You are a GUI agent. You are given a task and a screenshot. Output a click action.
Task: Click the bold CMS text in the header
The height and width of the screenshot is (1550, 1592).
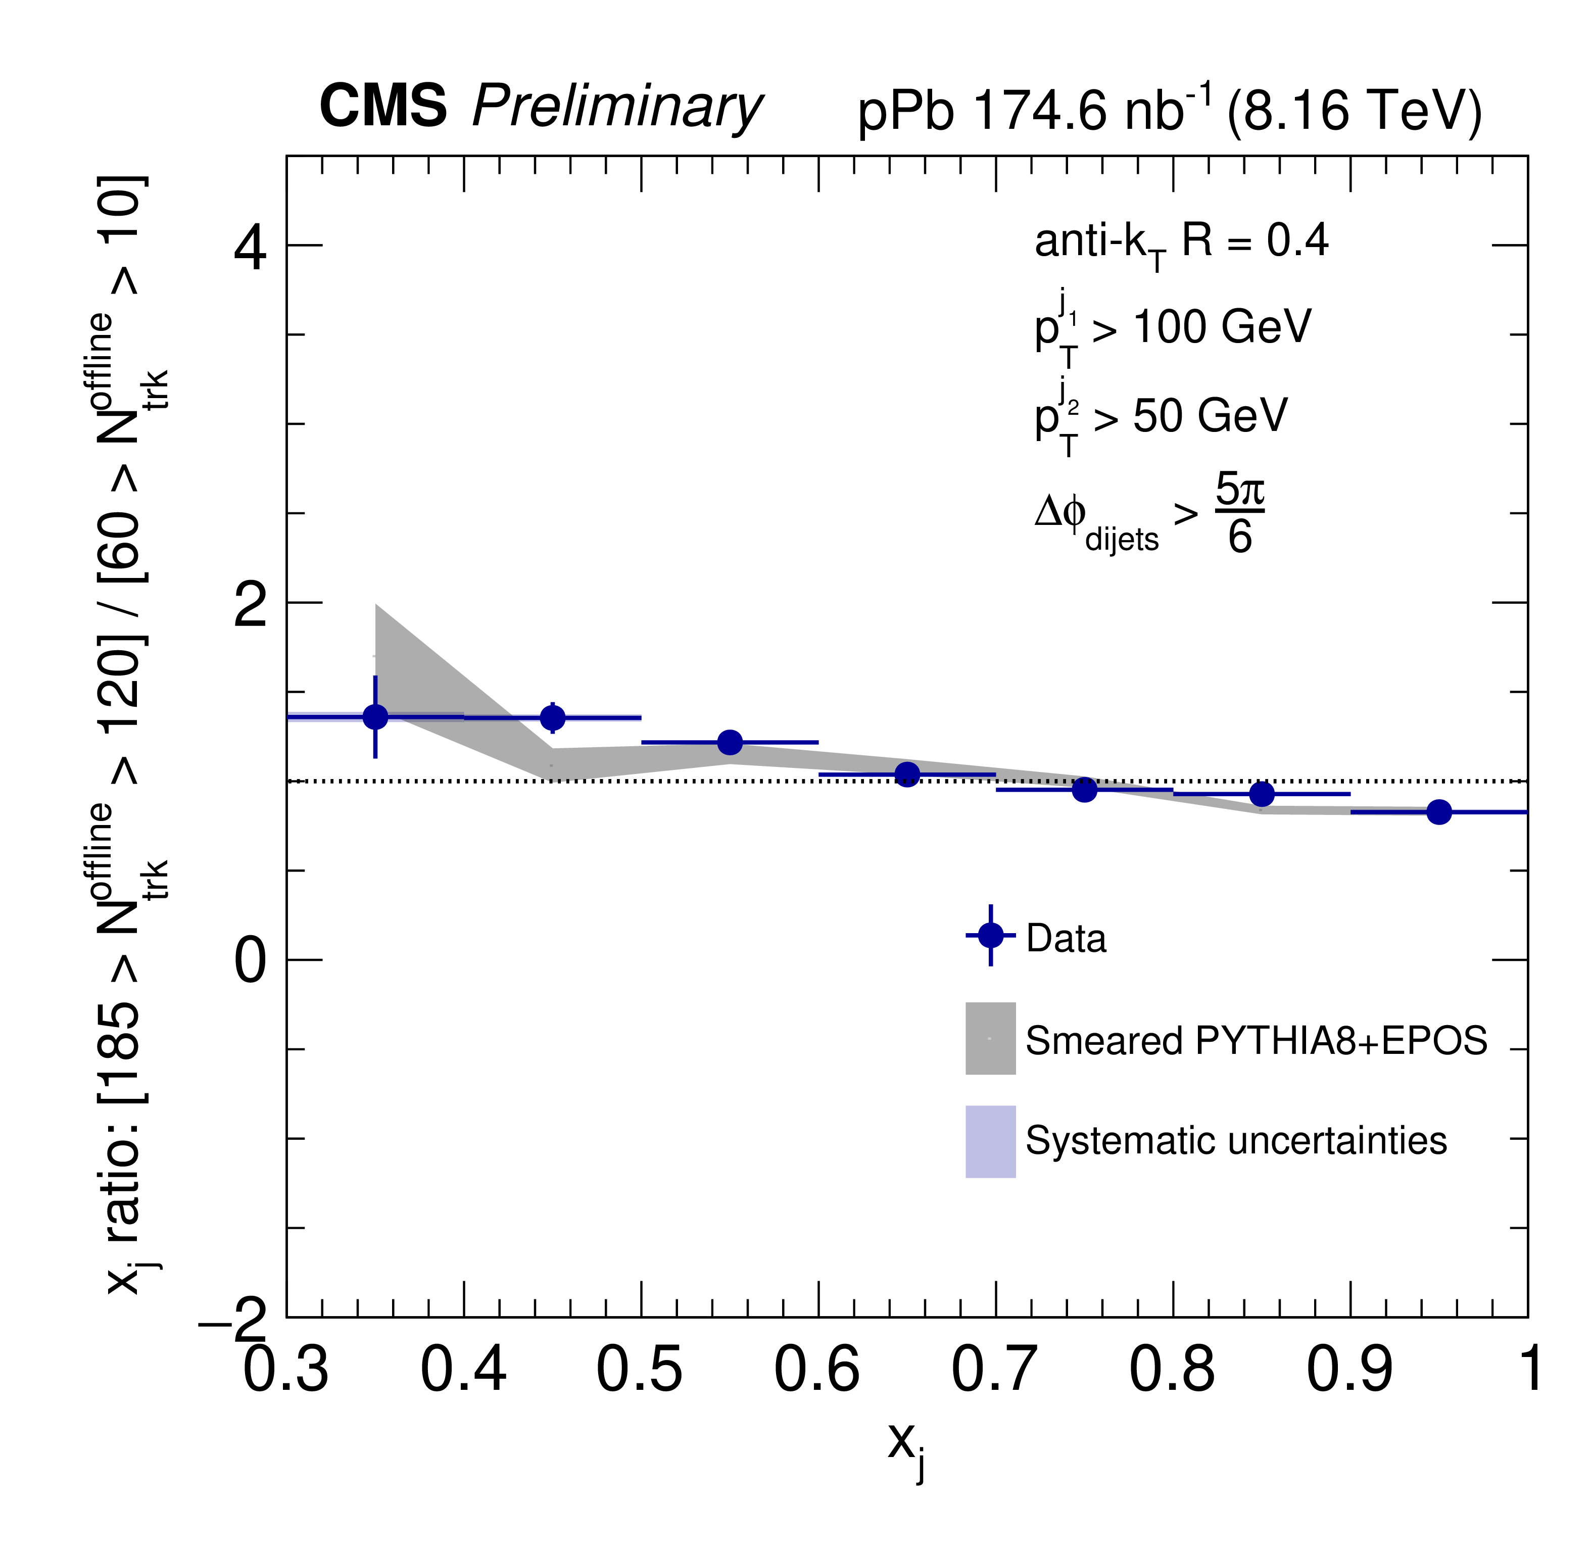tap(382, 107)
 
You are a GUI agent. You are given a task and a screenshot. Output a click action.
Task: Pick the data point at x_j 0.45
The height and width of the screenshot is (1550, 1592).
tap(553, 718)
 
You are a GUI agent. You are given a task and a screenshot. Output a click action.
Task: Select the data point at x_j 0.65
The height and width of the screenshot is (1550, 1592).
tap(907, 774)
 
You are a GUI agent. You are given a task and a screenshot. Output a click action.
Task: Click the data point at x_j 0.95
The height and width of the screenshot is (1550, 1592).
tap(1439, 812)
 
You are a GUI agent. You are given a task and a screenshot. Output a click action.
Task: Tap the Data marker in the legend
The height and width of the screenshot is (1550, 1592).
tap(991, 935)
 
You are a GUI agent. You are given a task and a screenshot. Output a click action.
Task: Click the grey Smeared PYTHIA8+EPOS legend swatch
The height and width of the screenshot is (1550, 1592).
tap(991, 1038)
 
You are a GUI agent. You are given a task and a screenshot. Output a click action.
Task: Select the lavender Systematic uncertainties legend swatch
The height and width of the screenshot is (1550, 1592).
tap(991, 1141)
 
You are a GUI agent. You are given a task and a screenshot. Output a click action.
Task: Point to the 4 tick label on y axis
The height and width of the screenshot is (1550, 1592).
tap(250, 248)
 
